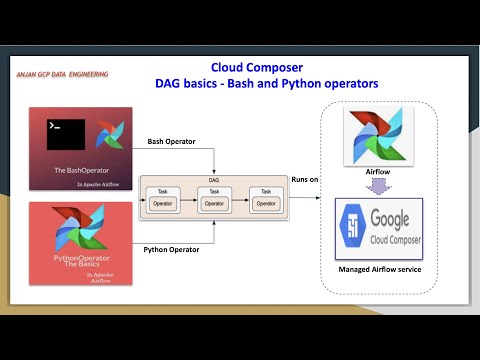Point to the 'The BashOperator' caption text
pyautogui.click(x=80, y=171)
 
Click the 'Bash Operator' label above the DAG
pyautogui.click(x=172, y=142)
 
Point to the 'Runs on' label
pyautogui.click(x=305, y=179)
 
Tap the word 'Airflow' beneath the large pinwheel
pyautogui.click(x=378, y=172)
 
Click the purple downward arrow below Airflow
pyautogui.click(x=378, y=186)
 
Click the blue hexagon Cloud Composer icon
pyautogui.click(x=353, y=226)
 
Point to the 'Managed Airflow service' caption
pyautogui.click(x=378, y=268)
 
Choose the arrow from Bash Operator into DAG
pyautogui.click(x=213, y=160)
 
